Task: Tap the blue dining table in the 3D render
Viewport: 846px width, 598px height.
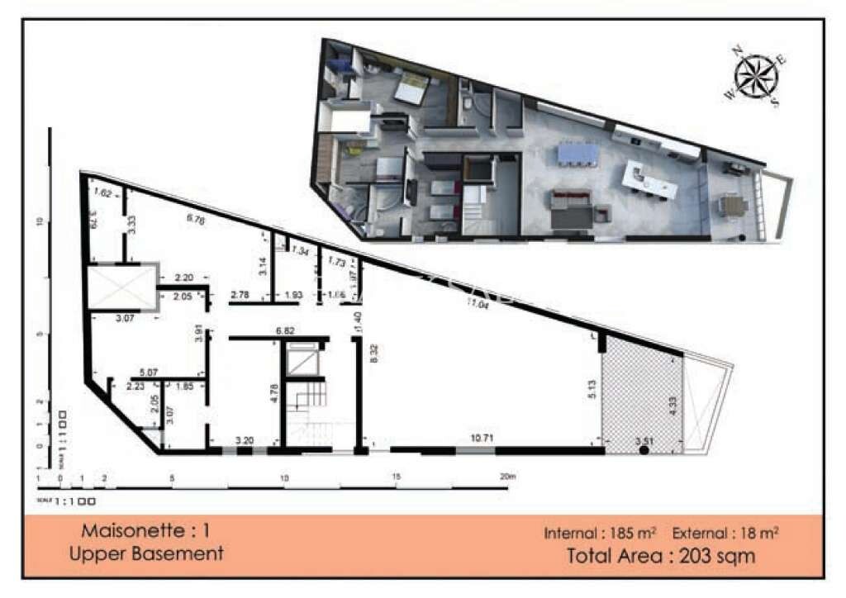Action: pyautogui.click(x=577, y=153)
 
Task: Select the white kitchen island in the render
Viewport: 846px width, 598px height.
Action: pyautogui.click(x=651, y=180)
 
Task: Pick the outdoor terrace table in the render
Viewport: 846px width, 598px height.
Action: pyautogui.click(x=731, y=203)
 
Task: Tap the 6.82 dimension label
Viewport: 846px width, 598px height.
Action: pyautogui.click(x=285, y=330)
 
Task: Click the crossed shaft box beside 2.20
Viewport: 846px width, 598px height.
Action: pyautogui.click(x=121, y=287)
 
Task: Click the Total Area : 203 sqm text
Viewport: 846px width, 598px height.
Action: pyautogui.click(x=661, y=555)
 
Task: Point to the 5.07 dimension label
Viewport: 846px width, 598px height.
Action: pyautogui.click(x=150, y=372)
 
